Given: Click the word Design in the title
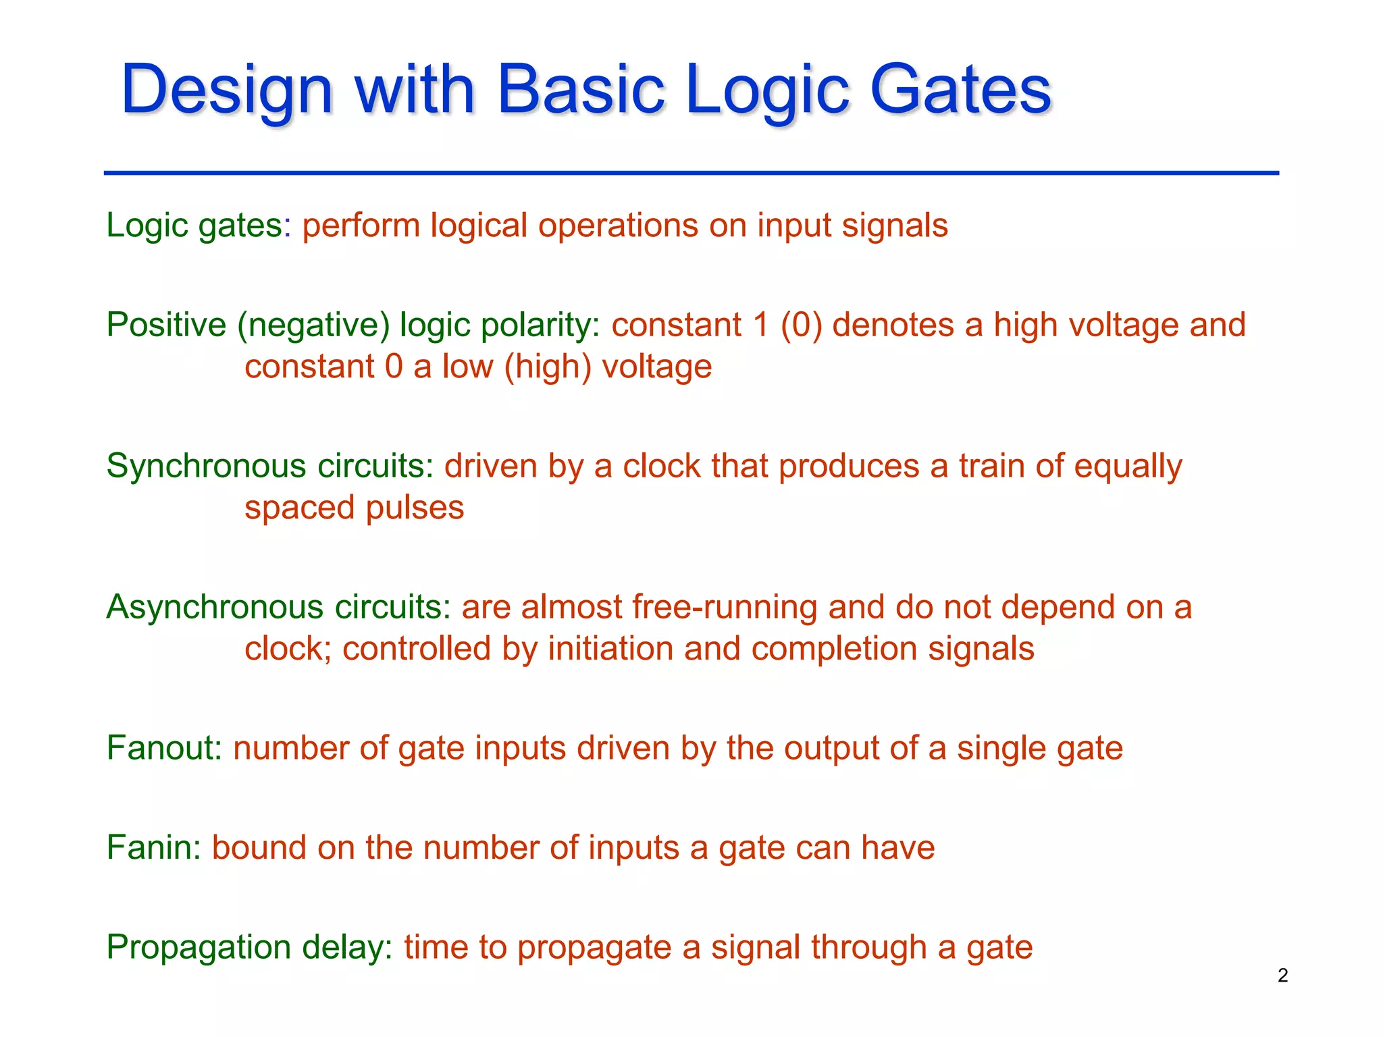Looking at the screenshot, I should click(227, 90).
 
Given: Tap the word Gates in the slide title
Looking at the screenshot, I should click(960, 90).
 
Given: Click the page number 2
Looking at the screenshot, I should click(1282, 976).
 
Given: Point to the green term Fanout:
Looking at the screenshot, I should click(164, 748).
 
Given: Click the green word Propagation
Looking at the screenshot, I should click(199, 947).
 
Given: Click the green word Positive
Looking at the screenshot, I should click(166, 325).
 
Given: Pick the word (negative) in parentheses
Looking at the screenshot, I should click(313, 325).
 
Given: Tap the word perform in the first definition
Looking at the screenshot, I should click(361, 225).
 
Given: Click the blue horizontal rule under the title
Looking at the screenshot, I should click(691, 174).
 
